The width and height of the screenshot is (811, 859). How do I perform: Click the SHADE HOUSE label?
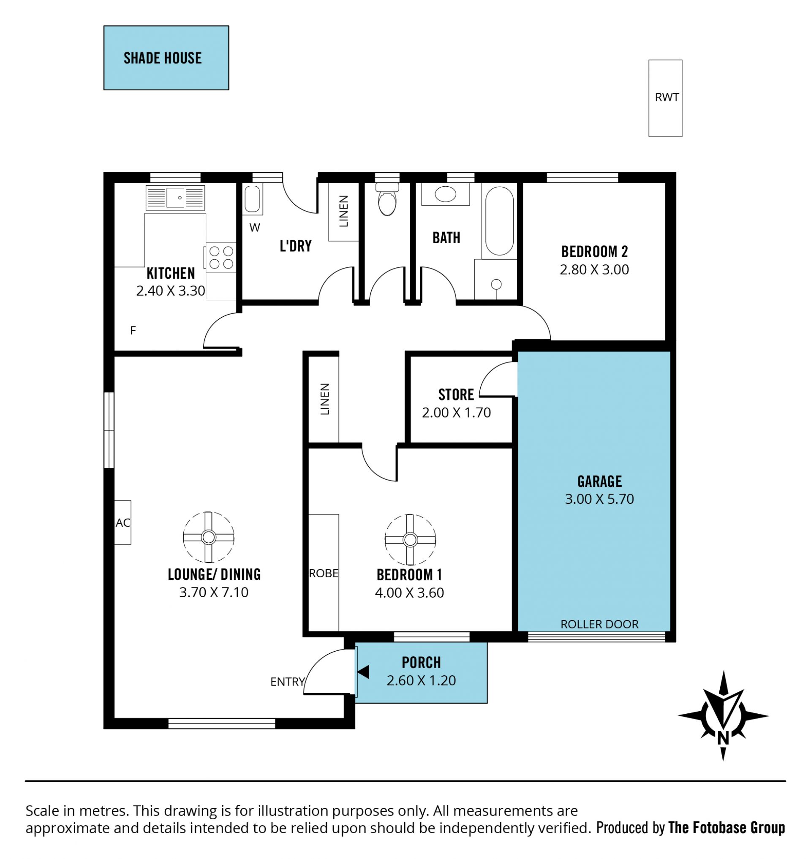163,58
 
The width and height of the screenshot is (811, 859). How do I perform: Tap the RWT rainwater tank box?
665,98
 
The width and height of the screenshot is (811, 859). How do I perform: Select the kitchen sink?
175,198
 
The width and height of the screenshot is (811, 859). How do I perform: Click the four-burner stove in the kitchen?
221,257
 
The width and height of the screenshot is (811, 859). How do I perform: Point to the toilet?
387,199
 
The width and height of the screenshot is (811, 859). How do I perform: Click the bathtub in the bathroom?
499,221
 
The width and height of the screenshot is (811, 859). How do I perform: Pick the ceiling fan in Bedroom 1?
410,540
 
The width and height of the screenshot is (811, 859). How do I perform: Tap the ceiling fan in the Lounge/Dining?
208,537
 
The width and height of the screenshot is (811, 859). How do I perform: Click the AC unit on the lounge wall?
122,522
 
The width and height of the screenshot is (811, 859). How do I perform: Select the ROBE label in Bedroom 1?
324,573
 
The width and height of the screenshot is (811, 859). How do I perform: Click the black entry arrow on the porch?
363,672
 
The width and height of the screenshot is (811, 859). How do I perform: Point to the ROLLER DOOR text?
599,624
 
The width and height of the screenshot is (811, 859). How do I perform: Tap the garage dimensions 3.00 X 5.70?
599,499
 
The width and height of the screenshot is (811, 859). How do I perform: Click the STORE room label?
456,394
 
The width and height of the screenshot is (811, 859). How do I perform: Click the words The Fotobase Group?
726,828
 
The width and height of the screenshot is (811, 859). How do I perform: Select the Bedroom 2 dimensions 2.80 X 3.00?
594,269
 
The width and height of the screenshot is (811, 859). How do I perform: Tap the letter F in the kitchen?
133,330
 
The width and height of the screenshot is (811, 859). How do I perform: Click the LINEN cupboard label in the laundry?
344,212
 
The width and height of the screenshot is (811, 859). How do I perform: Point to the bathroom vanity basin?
445,194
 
